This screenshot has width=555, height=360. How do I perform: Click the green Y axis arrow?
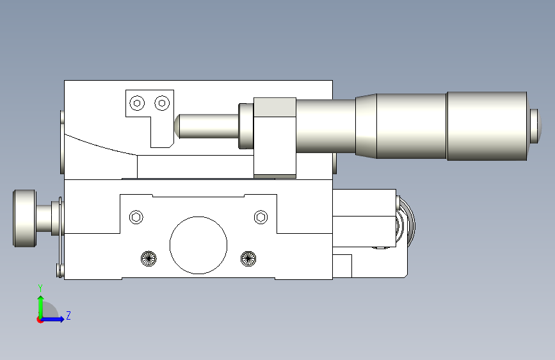pyautogui.click(x=41, y=307)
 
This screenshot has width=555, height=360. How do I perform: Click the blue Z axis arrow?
pyautogui.click(x=53, y=319)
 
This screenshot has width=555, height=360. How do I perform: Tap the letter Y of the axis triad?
pyautogui.click(x=40, y=288)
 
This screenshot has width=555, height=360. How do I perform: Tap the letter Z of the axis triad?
pyautogui.click(x=68, y=315)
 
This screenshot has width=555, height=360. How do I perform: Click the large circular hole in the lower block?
pyautogui.click(x=198, y=245)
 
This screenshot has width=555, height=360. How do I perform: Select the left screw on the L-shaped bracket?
pyautogui.click(x=138, y=103)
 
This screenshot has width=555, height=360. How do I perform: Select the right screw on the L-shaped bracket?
pyautogui.click(x=162, y=103)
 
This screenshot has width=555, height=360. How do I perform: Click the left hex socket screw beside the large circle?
pyautogui.click(x=136, y=217)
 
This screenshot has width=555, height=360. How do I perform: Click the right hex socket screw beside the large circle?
pyautogui.click(x=261, y=217)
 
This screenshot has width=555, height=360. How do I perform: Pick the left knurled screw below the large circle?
pyautogui.click(x=149, y=259)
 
